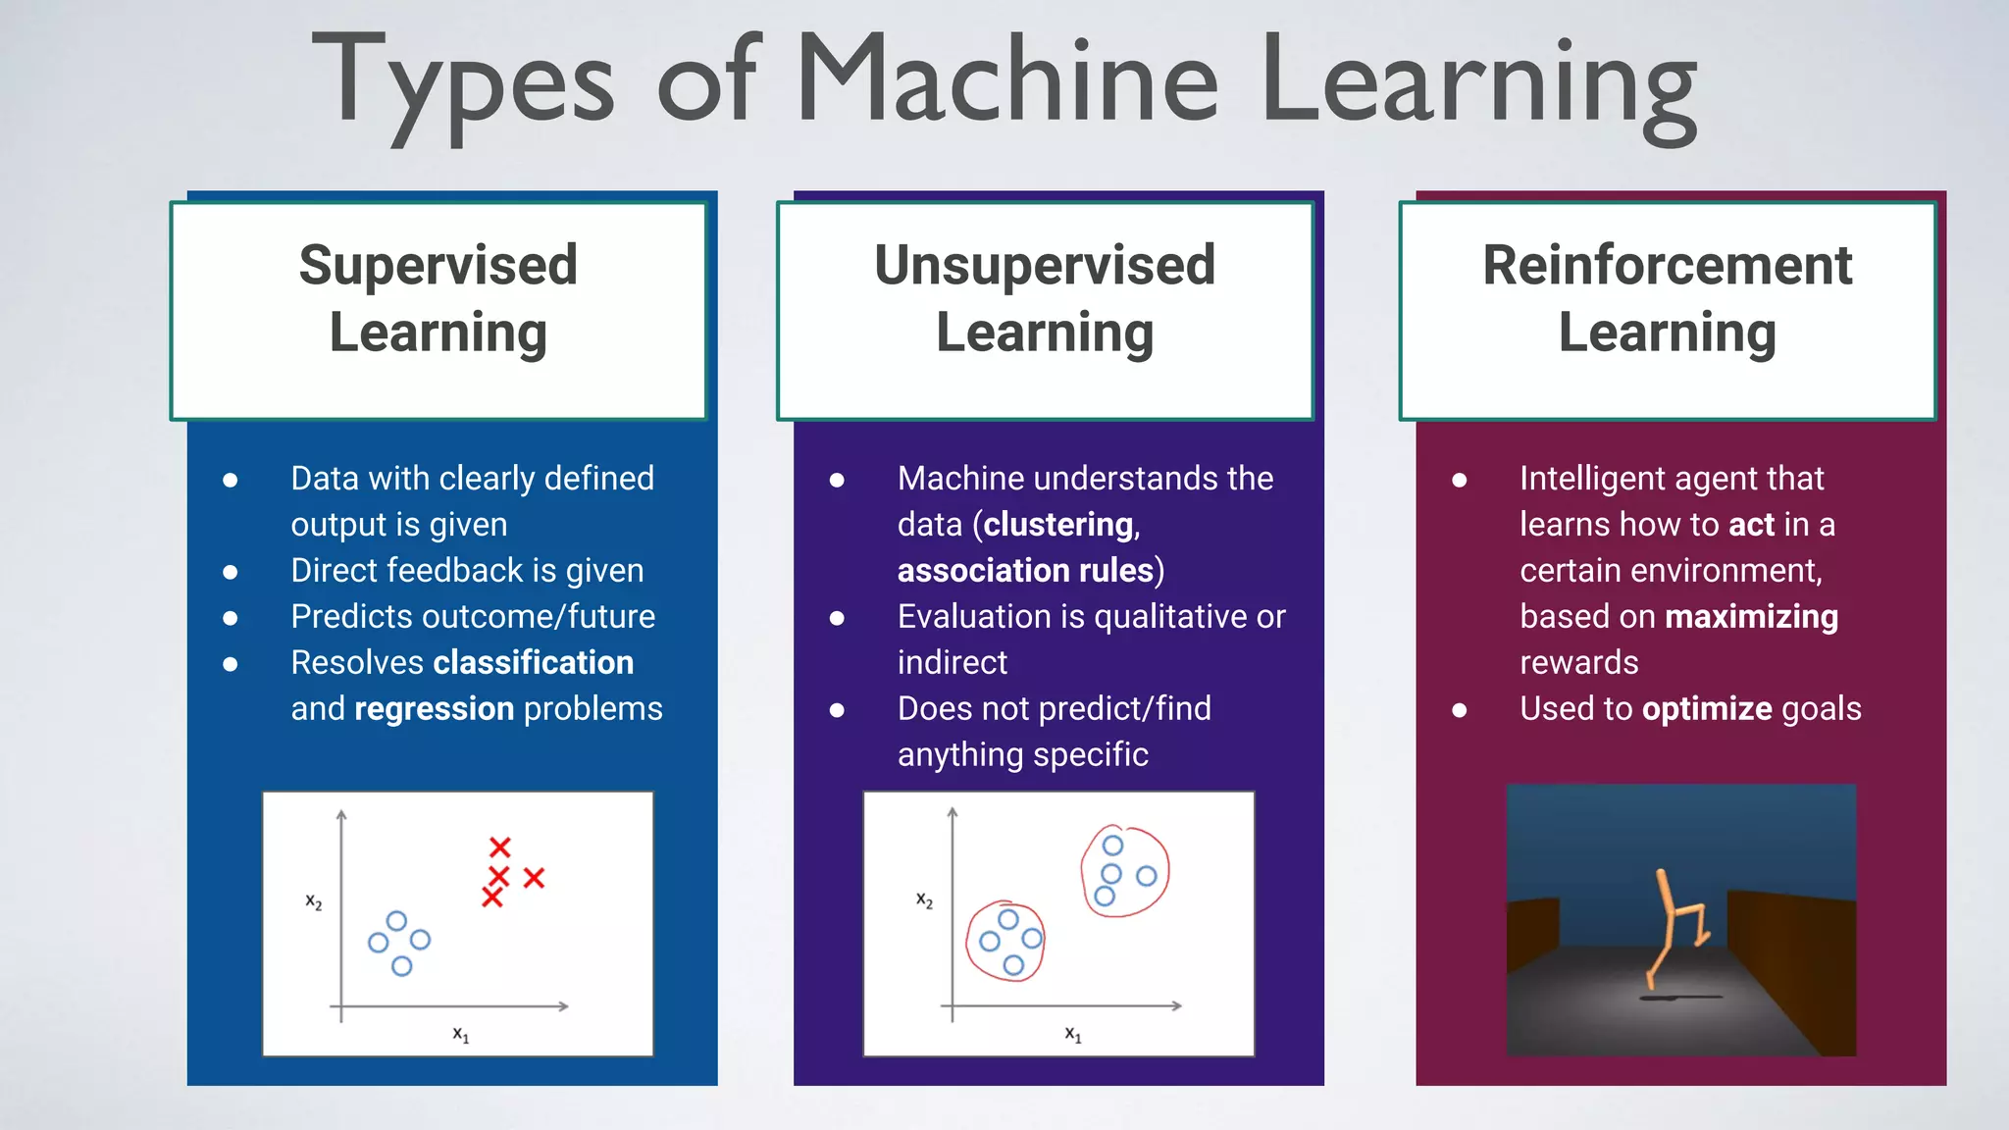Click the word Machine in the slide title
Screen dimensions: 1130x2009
click(x=1006, y=78)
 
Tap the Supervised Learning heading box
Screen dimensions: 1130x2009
click(x=438, y=310)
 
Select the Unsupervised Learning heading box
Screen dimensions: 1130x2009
click(x=1045, y=310)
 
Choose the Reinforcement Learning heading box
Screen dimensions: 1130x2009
click(x=1667, y=310)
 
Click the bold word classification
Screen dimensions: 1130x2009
click(x=534, y=663)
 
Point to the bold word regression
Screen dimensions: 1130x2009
click(x=434, y=709)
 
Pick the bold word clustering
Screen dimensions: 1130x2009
click(x=1058, y=525)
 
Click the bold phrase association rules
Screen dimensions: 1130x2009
click(x=1025, y=571)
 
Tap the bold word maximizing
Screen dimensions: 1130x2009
click(x=1751, y=617)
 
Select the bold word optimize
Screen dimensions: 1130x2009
click(x=1707, y=709)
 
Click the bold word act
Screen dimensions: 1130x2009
click(x=1751, y=525)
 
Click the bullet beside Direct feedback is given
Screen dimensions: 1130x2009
click(x=231, y=572)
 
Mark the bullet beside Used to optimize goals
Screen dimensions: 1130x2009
click(x=1460, y=710)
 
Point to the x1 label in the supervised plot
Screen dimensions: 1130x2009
click(x=460, y=1034)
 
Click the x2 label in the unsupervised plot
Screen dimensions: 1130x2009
click(x=924, y=899)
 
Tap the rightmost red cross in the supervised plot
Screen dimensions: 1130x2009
click(x=534, y=878)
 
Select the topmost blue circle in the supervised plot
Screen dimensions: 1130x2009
click(x=396, y=920)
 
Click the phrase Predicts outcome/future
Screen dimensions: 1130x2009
click(x=473, y=617)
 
